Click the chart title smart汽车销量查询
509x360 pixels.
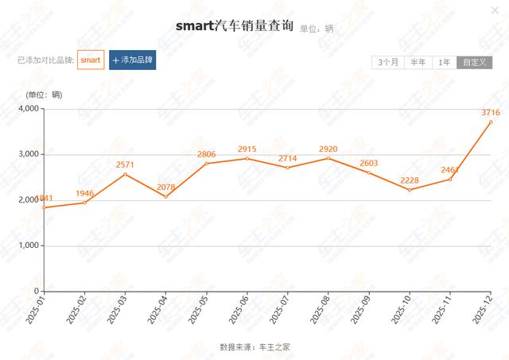pyautogui.click(x=235, y=25)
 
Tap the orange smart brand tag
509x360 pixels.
pyautogui.click(x=91, y=60)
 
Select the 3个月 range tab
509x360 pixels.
pyautogui.click(x=389, y=62)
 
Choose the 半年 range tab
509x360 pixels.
pyautogui.click(x=418, y=62)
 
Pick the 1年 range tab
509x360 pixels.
pyautogui.click(x=445, y=62)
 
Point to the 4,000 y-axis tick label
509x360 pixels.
pyautogui.click(x=27, y=108)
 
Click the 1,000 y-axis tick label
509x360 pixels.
pyautogui.click(x=27, y=246)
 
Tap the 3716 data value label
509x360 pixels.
pyautogui.click(x=490, y=112)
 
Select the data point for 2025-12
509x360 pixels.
pyautogui.click(x=491, y=122)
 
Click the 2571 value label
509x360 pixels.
pyautogui.click(x=124, y=165)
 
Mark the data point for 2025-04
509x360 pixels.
pyautogui.click(x=165, y=196)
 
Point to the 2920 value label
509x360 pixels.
pyautogui.click(x=328, y=149)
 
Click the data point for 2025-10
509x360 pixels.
pyautogui.click(x=410, y=190)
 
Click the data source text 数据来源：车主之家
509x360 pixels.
pyautogui.click(x=260, y=347)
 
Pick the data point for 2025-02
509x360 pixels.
pyautogui.click(x=84, y=203)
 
